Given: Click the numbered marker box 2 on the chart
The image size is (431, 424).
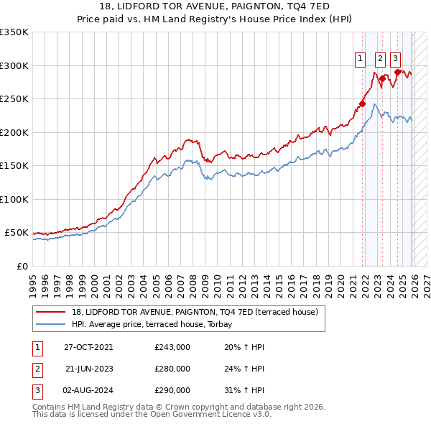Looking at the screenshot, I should [379, 60].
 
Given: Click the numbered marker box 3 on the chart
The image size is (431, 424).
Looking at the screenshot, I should [396, 60].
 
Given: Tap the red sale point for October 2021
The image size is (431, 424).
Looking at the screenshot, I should [362, 103].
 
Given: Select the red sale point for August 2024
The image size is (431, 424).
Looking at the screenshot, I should [397, 72].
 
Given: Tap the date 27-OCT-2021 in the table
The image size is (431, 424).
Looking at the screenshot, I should [88, 347].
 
